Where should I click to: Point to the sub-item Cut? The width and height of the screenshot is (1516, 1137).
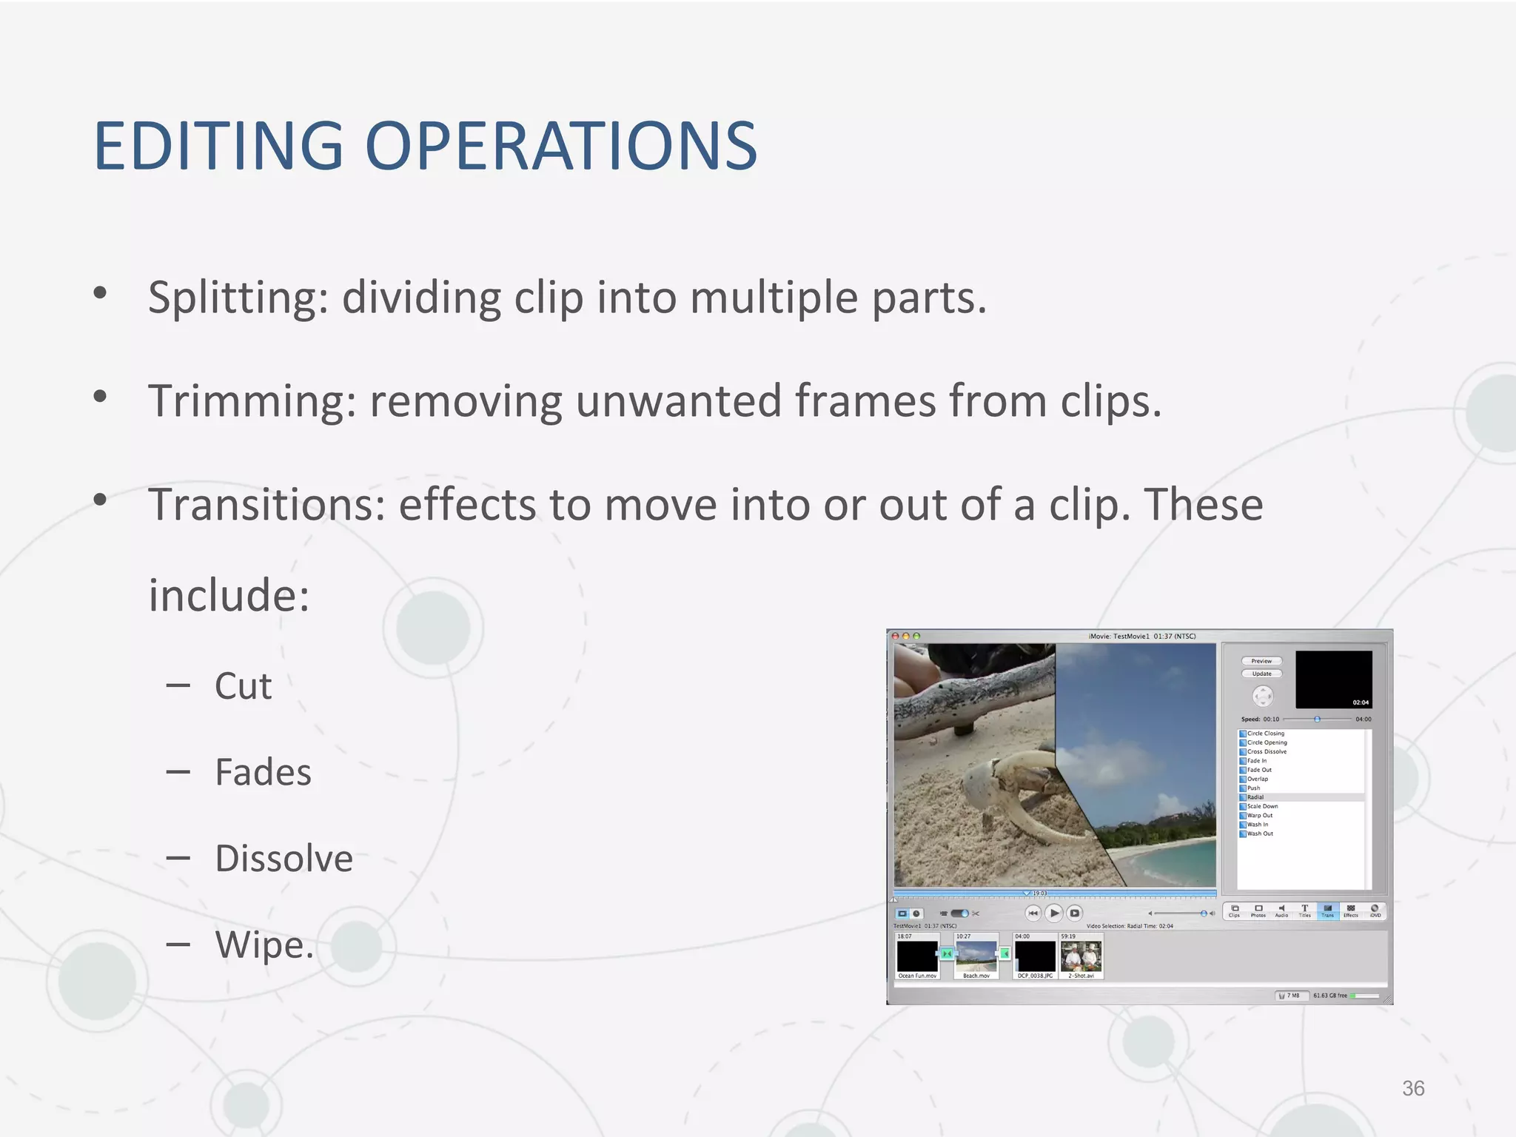tap(243, 686)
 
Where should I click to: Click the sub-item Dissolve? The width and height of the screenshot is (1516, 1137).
tap(284, 859)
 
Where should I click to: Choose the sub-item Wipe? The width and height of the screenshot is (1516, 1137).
tap(264, 945)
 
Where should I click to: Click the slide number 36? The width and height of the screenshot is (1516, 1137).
tap(1413, 1088)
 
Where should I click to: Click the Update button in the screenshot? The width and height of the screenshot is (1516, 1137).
tap(1261, 674)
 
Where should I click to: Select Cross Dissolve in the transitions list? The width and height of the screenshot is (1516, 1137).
tap(1267, 751)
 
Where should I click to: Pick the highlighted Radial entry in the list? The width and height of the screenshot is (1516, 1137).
tap(1255, 797)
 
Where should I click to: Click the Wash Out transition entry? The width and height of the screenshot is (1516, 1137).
tap(1260, 834)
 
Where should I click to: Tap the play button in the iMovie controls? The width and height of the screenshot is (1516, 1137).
tap(1054, 913)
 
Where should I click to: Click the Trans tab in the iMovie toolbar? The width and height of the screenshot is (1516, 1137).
tap(1327, 910)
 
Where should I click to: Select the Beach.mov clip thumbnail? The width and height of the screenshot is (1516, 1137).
tap(976, 956)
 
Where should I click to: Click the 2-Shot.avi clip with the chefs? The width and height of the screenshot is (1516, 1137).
tap(1081, 956)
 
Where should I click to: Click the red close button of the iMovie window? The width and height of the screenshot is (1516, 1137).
tap(896, 636)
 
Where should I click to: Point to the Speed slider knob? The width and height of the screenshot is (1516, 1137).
tap(1317, 719)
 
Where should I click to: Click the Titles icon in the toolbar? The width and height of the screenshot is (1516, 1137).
tap(1304, 910)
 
